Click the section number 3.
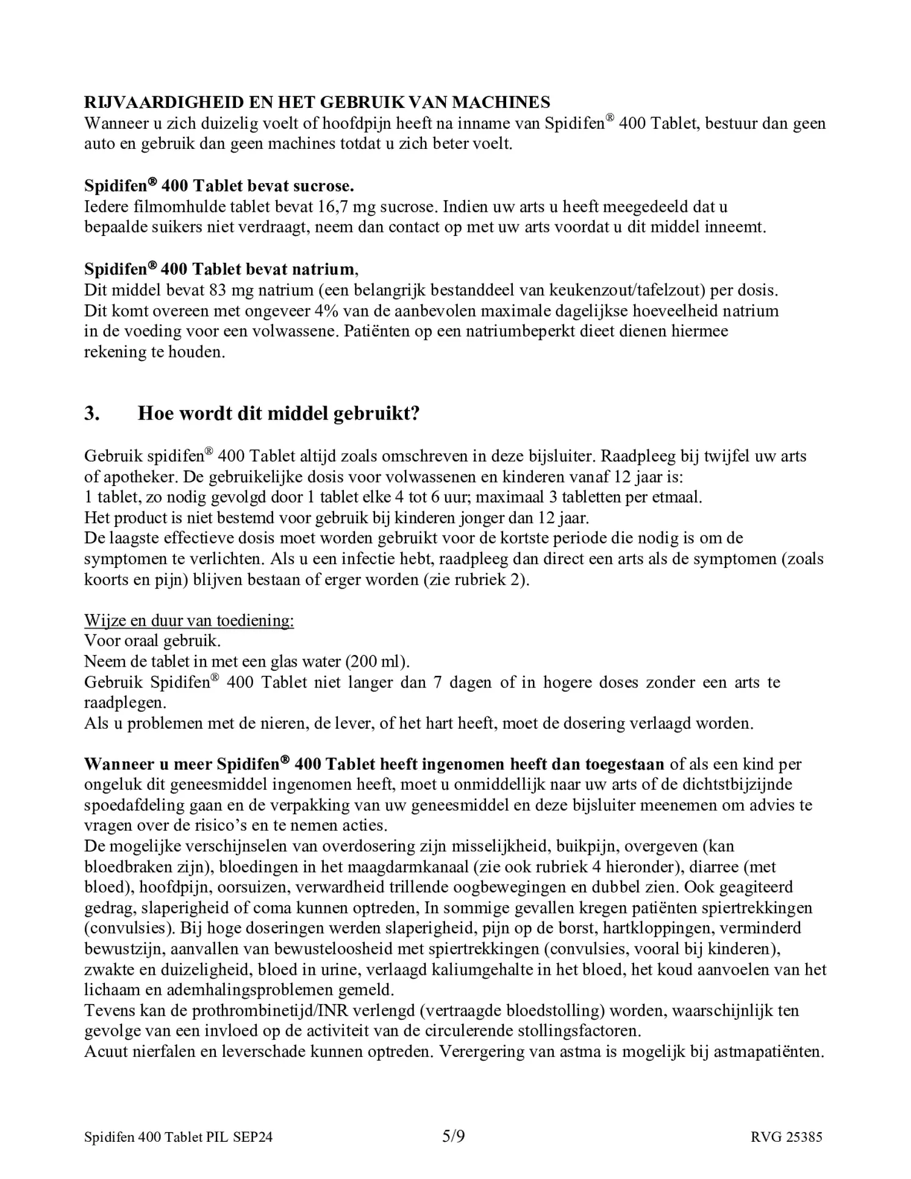point(91,414)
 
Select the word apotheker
point(137,476)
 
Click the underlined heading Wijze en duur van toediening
point(189,620)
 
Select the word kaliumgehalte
point(510,970)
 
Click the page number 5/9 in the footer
point(454,1136)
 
